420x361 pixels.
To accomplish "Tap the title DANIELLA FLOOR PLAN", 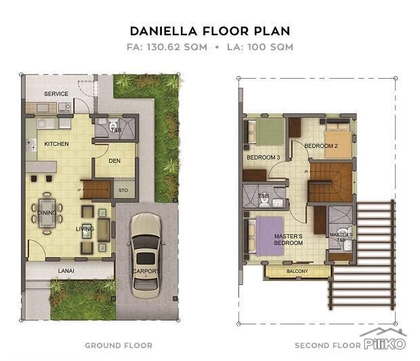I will tap(209, 31).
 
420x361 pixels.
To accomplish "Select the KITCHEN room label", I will tap(57, 145).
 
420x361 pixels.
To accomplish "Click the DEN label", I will tap(114, 161).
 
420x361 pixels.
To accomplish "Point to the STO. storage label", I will tap(123, 191).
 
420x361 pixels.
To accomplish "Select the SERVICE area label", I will tap(56, 94).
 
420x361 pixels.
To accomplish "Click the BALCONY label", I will tap(297, 271).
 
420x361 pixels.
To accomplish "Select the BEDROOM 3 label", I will tap(263, 157).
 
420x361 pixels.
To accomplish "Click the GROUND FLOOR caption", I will tap(119, 345).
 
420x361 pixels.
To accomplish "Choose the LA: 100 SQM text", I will tap(261, 47).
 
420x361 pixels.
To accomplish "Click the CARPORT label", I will tap(146, 271).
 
